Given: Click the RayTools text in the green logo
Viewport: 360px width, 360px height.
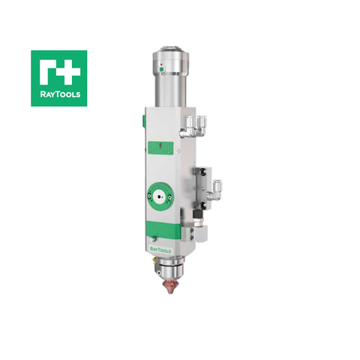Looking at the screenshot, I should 58,95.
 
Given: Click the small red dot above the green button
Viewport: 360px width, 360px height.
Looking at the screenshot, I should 160,65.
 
